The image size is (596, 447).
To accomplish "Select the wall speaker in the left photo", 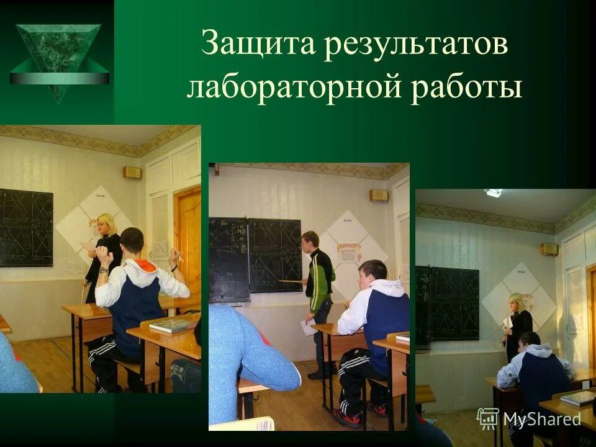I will coord(132,173).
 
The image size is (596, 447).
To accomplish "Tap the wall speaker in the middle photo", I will coord(379,195).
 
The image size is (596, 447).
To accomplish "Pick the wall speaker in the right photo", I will coord(549,249).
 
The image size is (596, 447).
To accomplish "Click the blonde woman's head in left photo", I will coord(107,225).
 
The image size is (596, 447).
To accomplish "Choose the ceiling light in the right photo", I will coord(494,193).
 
